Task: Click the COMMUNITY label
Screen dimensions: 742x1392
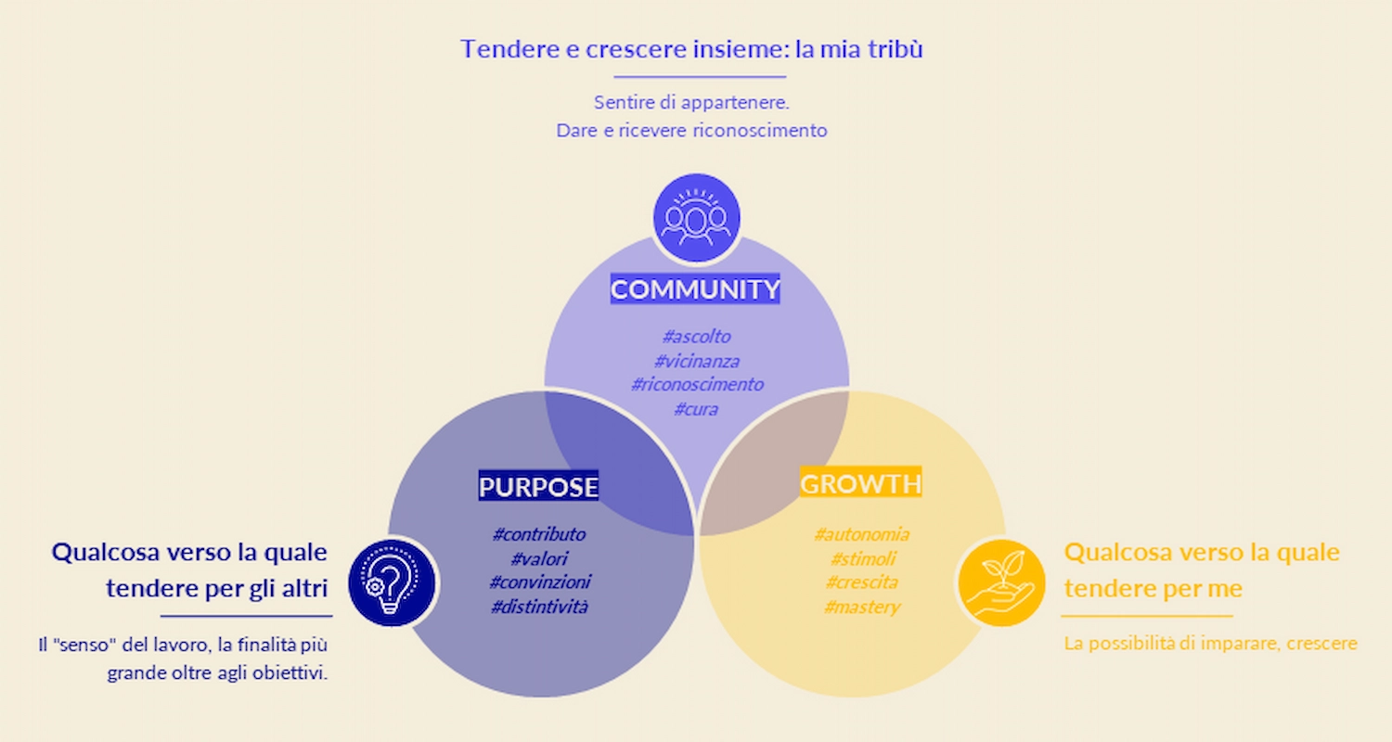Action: coord(695,289)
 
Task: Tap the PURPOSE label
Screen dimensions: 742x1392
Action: coord(538,486)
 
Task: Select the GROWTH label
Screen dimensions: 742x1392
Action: coord(860,483)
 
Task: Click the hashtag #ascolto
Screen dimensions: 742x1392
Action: coord(696,336)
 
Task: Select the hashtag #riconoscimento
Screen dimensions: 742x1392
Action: coord(696,384)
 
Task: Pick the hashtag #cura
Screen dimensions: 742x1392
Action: coord(696,408)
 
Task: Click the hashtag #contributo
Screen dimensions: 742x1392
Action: coord(539,534)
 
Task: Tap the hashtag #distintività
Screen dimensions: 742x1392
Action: coord(539,607)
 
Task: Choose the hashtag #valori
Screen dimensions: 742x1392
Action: coord(539,558)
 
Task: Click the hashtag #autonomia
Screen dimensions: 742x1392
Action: coord(861,534)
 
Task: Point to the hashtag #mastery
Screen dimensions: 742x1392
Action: coord(861,607)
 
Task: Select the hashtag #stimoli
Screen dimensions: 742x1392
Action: coord(861,558)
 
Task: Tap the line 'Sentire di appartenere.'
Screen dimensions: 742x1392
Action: coord(691,102)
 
